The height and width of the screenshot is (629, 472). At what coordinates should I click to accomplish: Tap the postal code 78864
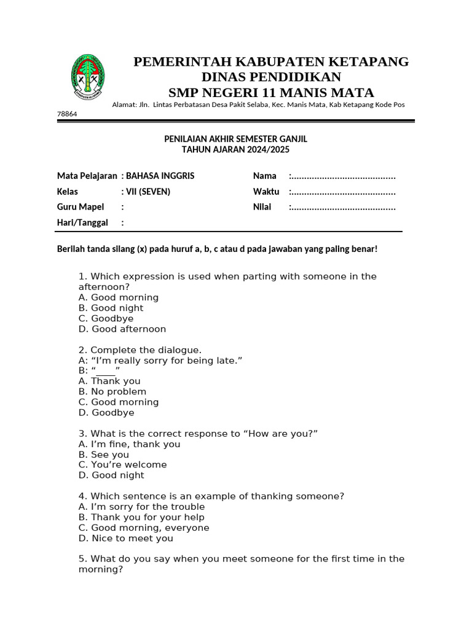coord(67,114)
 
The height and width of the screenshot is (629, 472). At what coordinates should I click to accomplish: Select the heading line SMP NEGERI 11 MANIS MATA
coord(271,93)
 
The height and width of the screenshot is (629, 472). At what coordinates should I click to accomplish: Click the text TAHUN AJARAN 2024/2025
coord(235,149)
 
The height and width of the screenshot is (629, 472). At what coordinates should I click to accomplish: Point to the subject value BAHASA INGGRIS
coord(160,176)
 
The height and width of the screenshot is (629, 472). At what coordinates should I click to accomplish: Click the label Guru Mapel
coord(81,207)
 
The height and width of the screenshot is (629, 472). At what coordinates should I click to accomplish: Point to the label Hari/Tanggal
coord(82,222)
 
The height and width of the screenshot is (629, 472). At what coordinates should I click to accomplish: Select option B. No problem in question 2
coord(112,392)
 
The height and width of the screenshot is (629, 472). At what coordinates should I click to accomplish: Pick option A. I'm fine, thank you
coord(130,444)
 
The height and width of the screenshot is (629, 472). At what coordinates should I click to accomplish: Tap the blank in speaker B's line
coord(106,371)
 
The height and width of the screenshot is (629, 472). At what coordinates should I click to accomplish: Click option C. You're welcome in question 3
coord(123,465)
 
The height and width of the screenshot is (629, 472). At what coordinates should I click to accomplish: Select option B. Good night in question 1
coord(111,308)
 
